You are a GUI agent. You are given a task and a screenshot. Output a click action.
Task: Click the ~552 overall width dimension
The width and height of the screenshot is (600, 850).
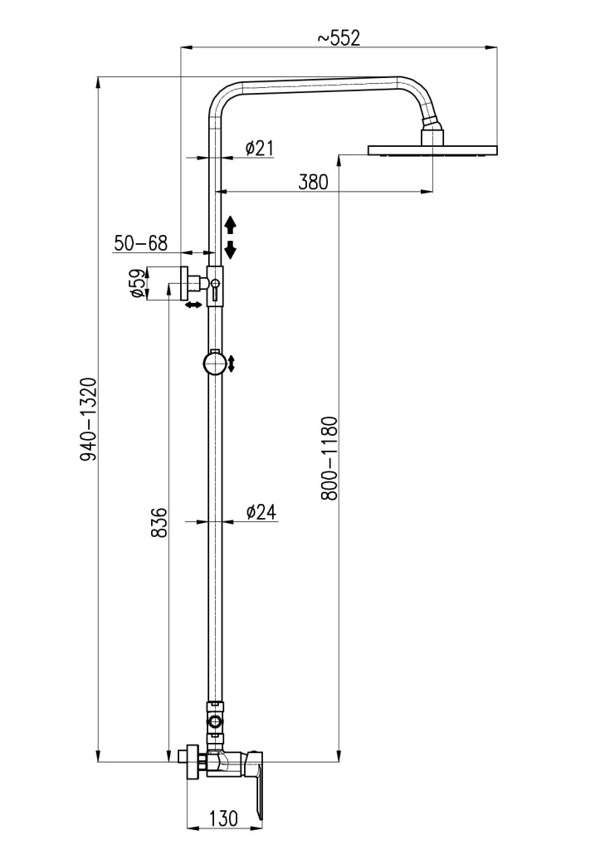(339, 38)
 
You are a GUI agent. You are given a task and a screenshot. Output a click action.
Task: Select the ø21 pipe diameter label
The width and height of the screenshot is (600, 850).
(259, 148)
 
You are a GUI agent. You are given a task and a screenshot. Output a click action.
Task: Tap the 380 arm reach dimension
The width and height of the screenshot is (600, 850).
(314, 182)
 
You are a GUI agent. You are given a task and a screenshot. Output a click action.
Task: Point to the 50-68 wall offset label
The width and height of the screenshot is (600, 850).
(140, 243)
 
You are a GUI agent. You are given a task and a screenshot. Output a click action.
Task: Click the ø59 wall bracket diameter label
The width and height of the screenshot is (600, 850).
(139, 283)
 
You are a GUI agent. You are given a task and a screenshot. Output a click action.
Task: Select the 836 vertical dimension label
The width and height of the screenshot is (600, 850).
(159, 523)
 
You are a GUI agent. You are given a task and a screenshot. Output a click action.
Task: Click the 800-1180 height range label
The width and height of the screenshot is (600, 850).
(329, 458)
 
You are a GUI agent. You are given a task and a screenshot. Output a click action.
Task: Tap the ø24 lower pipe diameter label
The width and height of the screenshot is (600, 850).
(261, 511)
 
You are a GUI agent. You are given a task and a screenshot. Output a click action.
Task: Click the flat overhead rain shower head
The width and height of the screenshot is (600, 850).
(432, 149)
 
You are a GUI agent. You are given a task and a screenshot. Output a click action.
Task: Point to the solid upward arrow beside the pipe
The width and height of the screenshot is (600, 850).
(231, 224)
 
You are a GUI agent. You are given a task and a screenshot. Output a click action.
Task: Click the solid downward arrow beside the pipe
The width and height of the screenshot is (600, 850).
(231, 249)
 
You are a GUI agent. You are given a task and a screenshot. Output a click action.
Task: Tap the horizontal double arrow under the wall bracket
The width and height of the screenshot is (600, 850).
(193, 305)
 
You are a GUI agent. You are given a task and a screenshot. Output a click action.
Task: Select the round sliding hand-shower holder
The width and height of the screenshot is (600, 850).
(215, 363)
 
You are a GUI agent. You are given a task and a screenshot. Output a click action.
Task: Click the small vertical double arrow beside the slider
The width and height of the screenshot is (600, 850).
(232, 364)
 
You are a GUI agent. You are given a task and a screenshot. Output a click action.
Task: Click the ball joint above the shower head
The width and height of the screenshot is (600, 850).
(432, 130)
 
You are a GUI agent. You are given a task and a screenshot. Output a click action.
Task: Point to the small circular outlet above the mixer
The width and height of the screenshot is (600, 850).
(215, 722)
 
